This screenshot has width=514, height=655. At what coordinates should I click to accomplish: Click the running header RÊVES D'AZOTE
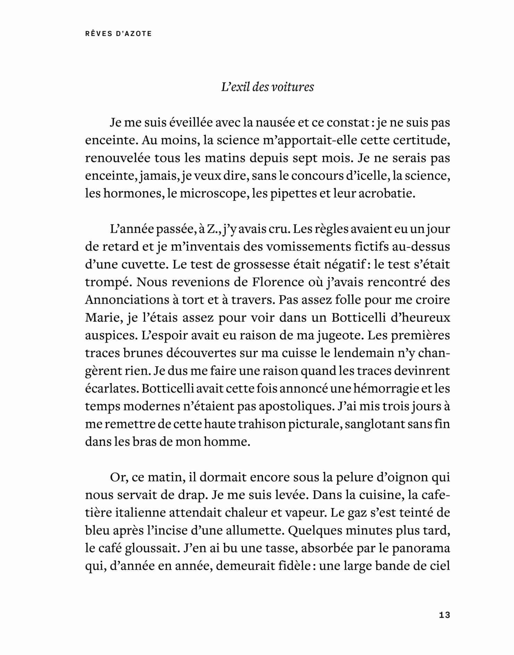point(118,34)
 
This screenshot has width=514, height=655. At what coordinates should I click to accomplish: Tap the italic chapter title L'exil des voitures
point(267,87)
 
